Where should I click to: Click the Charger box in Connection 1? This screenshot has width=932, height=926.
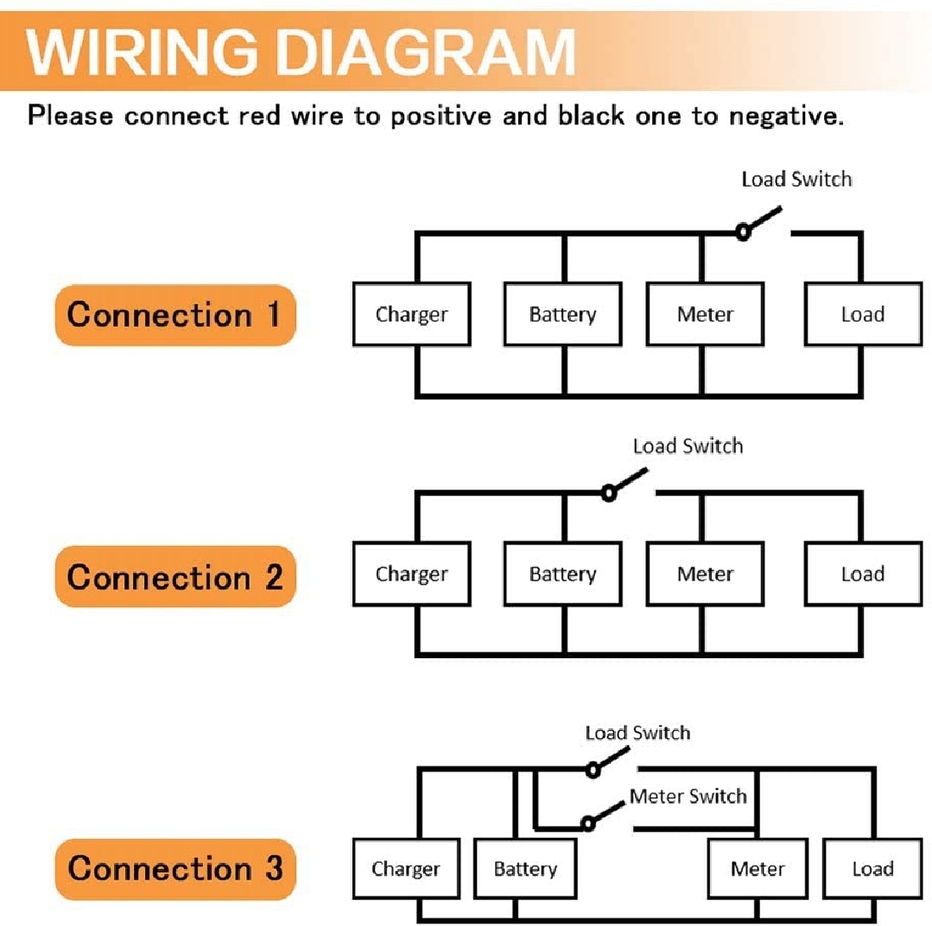pos(411,314)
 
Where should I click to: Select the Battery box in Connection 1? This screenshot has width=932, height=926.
pos(562,314)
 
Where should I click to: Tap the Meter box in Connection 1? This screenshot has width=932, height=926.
pos(705,314)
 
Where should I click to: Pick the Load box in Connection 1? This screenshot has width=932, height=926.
pos(862,314)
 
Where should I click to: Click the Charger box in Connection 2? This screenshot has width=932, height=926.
pos(411,574)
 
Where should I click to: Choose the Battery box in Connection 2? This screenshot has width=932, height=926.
pos(562,574)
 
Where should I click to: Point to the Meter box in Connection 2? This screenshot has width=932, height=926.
pos(705,574)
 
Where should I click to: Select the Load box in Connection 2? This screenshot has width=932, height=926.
pos(862,574)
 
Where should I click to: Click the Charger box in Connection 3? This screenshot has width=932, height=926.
pos(405,868)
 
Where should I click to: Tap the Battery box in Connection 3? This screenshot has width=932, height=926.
pos(525,868)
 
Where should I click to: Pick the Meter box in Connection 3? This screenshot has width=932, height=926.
pos(758,868)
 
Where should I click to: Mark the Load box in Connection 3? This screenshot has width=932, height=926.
pos(872,868)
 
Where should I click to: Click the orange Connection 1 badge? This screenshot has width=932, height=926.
pos(175,315)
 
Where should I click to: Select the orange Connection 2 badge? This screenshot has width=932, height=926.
pos(175,576)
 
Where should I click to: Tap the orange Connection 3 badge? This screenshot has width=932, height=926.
pos(175,868)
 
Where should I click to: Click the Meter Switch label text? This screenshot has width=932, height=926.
pos(688,796)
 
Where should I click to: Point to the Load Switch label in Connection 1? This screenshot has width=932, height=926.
pos(796,180)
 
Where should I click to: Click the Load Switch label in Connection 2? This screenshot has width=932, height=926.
pos(688,447)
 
